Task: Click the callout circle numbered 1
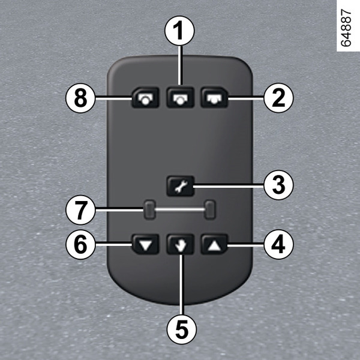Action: point(180,31)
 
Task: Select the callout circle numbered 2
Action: point(278,98)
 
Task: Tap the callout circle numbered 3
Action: point(278,185)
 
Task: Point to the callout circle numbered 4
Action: point(278,245)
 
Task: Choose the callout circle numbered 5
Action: point(182,329)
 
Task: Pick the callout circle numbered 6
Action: point(80,245)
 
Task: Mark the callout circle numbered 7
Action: point(80,210)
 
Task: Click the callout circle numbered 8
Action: point(80,98)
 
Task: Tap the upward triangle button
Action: point(214,244)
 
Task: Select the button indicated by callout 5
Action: point(181,244)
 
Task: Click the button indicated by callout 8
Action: point(145,98)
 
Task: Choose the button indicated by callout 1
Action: point(181,98)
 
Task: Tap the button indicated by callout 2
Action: point(214,98)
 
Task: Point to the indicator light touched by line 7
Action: point(149,210)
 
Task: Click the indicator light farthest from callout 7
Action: point(210,210)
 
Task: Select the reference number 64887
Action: point(346,28)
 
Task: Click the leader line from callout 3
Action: point(229,187)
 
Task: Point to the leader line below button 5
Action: point(182,284)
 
